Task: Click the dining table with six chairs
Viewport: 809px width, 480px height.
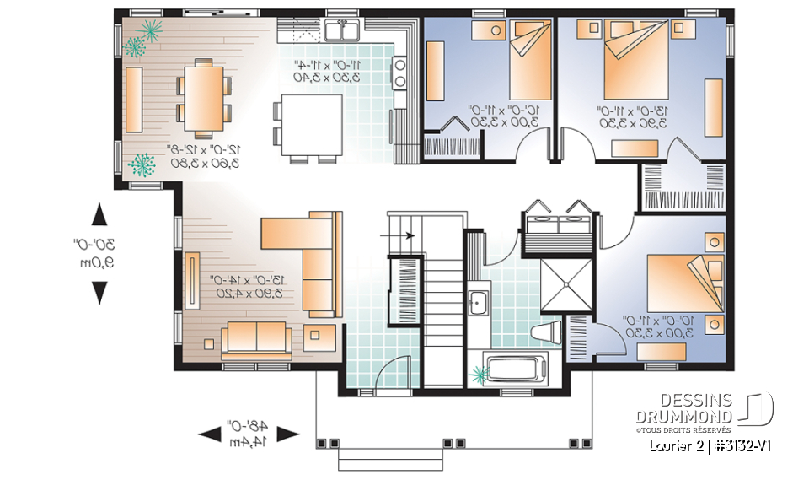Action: [x=202, y=98]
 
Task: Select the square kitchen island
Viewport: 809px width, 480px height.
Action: [x=312, y=126]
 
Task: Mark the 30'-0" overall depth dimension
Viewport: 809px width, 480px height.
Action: [x=99, y=253]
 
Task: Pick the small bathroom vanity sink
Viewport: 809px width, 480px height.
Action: [x=477, y=301]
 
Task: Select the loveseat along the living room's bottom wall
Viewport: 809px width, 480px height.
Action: [x=256, y=338]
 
